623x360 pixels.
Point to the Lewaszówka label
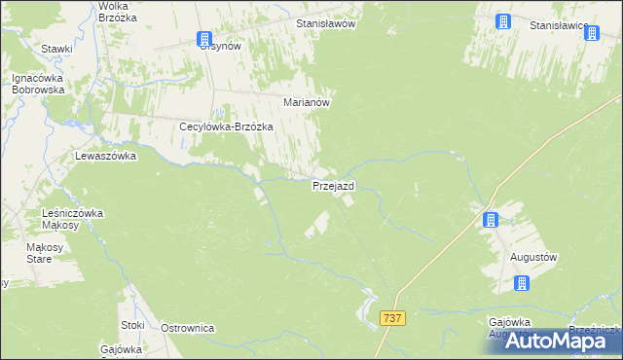[x=105, y=156]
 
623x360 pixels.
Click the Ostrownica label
[x=187, y=328]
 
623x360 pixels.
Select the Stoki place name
[x=132, y=325]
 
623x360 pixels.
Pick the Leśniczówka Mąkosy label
[x=80, y=219]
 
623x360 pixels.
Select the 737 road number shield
[x=393, y=318]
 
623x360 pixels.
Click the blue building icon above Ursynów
[x=202, y=38]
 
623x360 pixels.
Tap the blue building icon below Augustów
[x=522, y=283]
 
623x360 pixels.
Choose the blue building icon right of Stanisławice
[x=591, y=34]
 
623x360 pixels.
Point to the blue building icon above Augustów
[x=491, y=220]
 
